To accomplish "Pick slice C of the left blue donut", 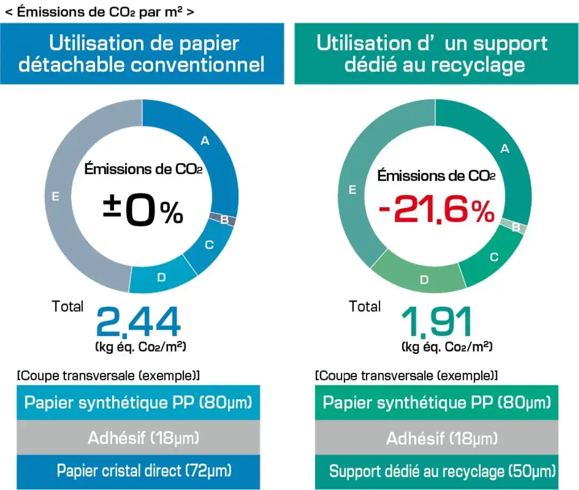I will click(208, 246).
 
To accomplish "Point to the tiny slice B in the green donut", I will click(517, 227).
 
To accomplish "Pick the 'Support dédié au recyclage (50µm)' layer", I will click(442, 472).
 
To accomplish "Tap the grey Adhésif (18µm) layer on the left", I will click(143, 438).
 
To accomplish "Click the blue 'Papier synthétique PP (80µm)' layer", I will click(138, 402).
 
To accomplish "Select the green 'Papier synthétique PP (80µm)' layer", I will click(436, 403).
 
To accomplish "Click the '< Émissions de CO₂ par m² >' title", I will click(99, 12).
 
